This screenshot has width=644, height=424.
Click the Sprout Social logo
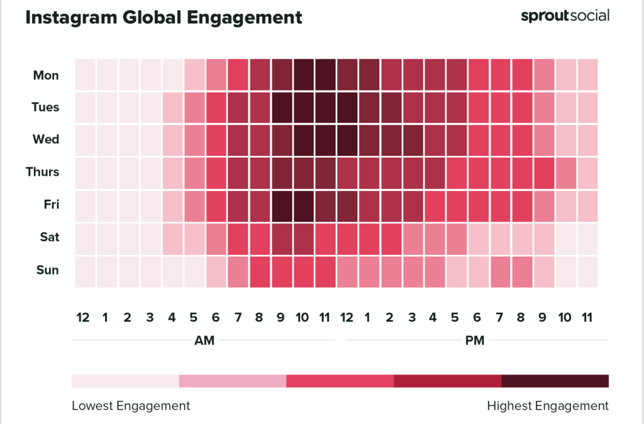pos(564,16)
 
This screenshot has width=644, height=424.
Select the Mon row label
pos(46,75)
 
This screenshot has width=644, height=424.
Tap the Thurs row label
pos(42,171)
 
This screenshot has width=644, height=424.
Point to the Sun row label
pos(47,270)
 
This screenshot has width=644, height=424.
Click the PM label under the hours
pos(475,341)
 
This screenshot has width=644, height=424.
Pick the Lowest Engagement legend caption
pos(131,406)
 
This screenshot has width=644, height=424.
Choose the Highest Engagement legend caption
pos(547,406)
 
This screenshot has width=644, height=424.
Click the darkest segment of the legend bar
pos(555,381)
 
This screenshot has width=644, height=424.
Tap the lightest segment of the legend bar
pos(125,381)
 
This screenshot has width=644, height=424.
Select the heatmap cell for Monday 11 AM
pos(326,75)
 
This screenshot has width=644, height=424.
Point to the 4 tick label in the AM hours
pos(172,318)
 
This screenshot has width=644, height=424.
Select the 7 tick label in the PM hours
pos(499,318)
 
